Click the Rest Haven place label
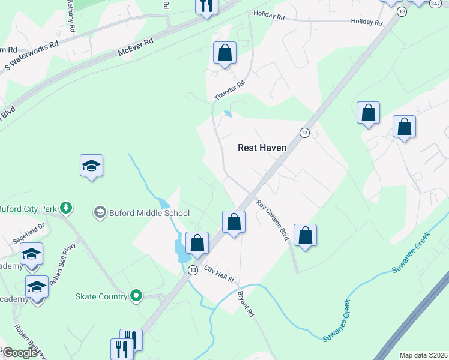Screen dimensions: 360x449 [x=262, y=147]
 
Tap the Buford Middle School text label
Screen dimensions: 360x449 [x=149, y=213]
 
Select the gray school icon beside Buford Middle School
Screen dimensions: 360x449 [x=100, y=212]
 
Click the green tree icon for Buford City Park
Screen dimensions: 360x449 [x=67, y=208]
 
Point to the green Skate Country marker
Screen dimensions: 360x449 [x=136, y=295]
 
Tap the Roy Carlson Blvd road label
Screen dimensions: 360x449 [x=274, y=221]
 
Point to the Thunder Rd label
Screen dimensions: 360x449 [x=230, y=91]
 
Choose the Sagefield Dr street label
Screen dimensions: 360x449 [x=28, y=233]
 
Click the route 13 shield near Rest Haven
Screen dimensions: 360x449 [x=304, y=133]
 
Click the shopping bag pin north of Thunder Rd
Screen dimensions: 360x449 [x=224, y=53]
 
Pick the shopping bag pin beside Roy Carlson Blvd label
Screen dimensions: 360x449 [x=305, y=236]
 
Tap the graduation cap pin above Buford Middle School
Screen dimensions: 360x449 [x=91, y=166]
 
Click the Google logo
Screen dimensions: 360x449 [x=19, y=353]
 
